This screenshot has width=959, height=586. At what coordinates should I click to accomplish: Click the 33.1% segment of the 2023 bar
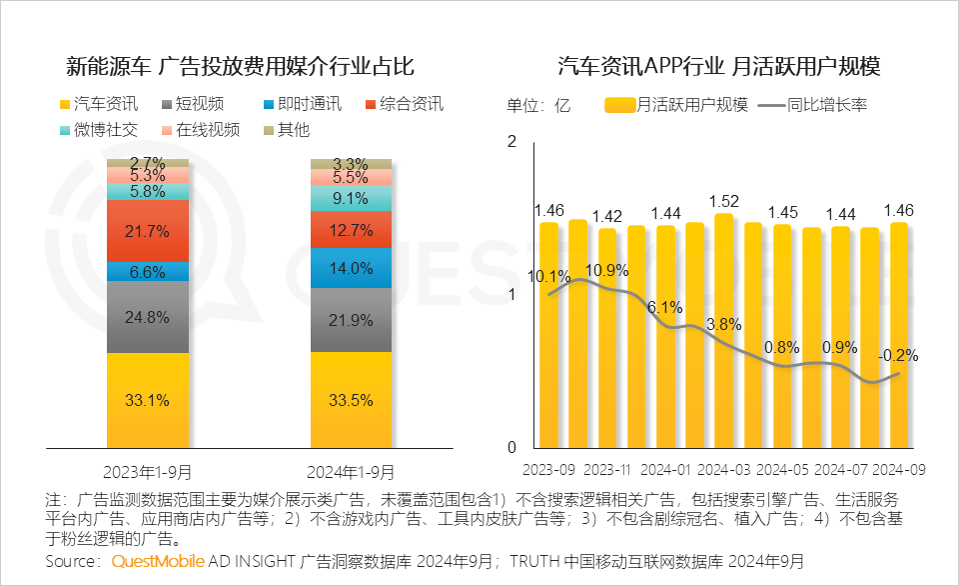click(x=147, y=400)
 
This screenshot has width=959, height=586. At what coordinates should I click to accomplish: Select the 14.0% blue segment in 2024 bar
click(x=351, y=268)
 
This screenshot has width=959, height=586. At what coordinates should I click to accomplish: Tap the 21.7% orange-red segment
click(x=147, y=231)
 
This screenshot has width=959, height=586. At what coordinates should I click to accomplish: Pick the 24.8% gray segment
click(x=147, y=317)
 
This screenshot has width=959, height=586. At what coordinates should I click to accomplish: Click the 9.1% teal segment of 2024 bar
click(x=351, y=199)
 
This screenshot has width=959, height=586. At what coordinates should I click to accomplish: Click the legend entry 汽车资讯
click(x=99, y=104)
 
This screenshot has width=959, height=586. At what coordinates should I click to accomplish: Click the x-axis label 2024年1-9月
click(x=351, y=471)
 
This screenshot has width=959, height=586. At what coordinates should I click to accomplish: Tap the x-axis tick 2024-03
click(x=724, y=468)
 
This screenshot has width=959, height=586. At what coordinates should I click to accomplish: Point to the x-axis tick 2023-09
click(x=549, y=468)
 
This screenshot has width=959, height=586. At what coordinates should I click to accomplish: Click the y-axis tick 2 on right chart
click(x=512, y=142)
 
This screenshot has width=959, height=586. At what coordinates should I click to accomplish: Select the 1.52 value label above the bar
click(x=724, y=201)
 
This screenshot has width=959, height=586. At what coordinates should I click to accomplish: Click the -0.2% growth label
click(x=898, y=355)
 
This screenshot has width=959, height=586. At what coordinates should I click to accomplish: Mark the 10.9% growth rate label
click(x=606, y=270)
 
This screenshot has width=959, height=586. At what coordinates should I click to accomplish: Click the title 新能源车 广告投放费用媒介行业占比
click(x=240, y=67)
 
